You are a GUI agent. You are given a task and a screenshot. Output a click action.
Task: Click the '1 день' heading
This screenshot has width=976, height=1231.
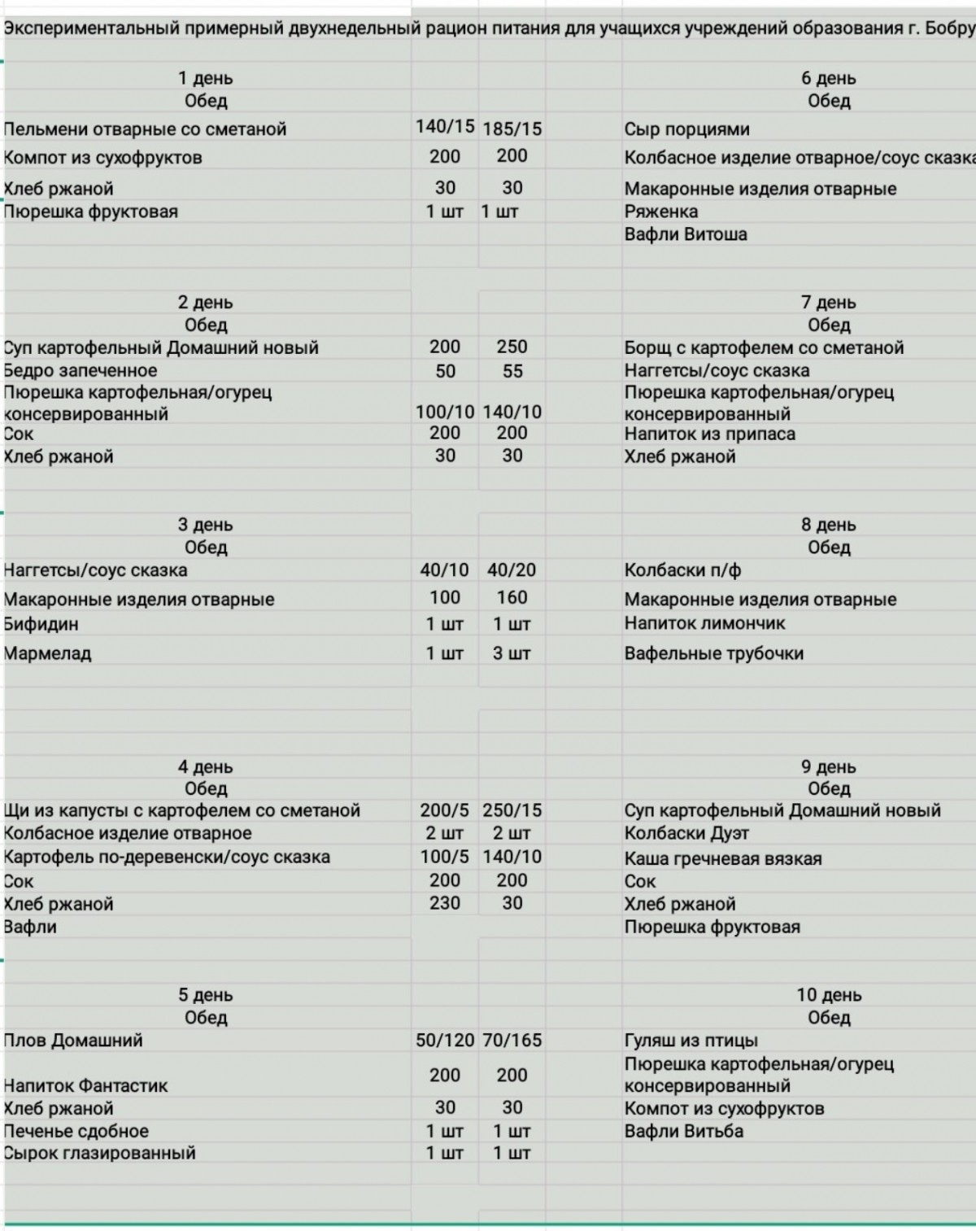(x=205, y=78)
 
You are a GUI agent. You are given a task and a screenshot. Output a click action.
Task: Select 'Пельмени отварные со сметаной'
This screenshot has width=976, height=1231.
(x=145, y=129)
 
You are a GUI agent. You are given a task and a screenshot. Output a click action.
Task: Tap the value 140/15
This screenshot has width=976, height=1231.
(x=444, y=126)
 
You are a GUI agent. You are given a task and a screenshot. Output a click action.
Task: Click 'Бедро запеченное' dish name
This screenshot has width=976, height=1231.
(x=81, y=370)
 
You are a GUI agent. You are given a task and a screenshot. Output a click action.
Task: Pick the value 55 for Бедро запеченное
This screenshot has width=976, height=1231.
(x=512, y=371)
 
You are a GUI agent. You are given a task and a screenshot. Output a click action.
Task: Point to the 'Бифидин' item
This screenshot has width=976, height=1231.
(x=41, y=624)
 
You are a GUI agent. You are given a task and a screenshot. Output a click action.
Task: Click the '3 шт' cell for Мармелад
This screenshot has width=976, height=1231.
(x=511, y=653)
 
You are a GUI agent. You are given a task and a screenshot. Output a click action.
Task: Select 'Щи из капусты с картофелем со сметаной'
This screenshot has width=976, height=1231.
(x=181, y=810)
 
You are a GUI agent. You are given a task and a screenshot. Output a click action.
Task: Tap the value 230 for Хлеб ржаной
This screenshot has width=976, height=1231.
(x=444, y=903)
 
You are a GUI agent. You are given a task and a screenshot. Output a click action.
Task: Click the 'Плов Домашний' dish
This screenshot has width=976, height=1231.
(x=73, y=1040)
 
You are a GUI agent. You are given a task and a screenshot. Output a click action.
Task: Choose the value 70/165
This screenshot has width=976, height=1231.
(x=512, y=1040)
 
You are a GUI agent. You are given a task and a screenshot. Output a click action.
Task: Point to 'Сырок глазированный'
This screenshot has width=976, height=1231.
(x=99, y=1153)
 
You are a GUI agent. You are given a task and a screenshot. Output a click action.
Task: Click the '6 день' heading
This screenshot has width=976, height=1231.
(x=828, y=78)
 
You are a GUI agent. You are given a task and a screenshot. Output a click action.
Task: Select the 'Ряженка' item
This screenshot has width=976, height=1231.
(x=661, y=212)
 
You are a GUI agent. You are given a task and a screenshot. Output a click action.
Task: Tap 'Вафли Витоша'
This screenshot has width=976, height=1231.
(x=686, y=234)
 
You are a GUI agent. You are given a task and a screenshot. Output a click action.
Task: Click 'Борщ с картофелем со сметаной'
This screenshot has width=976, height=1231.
(x=764, y=347)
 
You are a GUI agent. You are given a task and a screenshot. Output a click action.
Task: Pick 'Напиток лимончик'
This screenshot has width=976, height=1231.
(x=704, y=623)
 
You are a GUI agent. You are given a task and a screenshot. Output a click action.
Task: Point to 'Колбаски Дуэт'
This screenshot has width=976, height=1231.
(x=686, y=833)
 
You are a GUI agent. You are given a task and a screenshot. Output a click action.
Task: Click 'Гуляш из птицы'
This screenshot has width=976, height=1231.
(x=691, y=1040)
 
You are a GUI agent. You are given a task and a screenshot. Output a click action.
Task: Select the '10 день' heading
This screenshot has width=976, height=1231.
(x=828, y=994)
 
